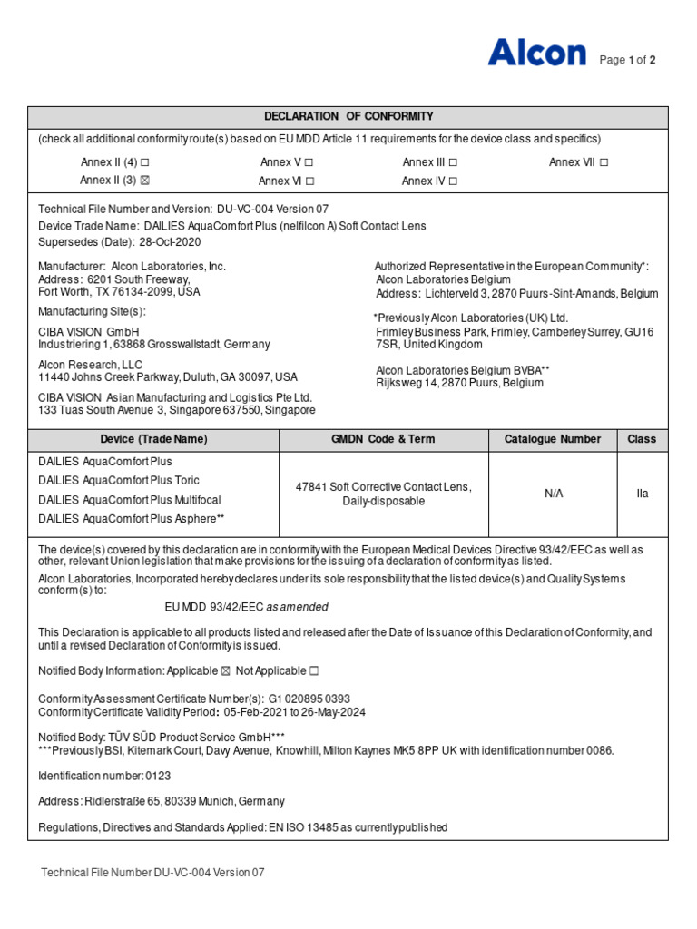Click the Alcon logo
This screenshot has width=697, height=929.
tap(536, 53)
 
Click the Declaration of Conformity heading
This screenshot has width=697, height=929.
tap(348, 116)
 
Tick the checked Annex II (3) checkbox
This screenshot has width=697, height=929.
tap(143, 181)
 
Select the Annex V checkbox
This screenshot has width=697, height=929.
tap(309, 162)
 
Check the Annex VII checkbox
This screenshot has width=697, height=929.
tap(604, 162)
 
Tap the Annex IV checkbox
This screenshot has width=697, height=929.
tap(453, 181)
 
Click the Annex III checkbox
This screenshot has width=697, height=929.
tap(453, 162)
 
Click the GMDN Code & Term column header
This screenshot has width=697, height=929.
tap(383, 439)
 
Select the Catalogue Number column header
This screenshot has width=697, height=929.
tap(553, 439)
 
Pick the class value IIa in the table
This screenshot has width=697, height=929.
tap(642, 494)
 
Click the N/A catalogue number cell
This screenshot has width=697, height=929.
tap(554, 494)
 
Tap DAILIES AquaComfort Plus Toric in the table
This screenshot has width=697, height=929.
tap(119, 480)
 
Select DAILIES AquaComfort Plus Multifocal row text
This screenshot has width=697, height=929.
tap(130, 500)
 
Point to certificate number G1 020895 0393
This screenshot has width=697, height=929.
tap(309, 699)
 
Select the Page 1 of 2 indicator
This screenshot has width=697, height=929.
tap(628, 60)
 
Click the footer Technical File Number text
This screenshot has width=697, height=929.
tap(152, 873)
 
